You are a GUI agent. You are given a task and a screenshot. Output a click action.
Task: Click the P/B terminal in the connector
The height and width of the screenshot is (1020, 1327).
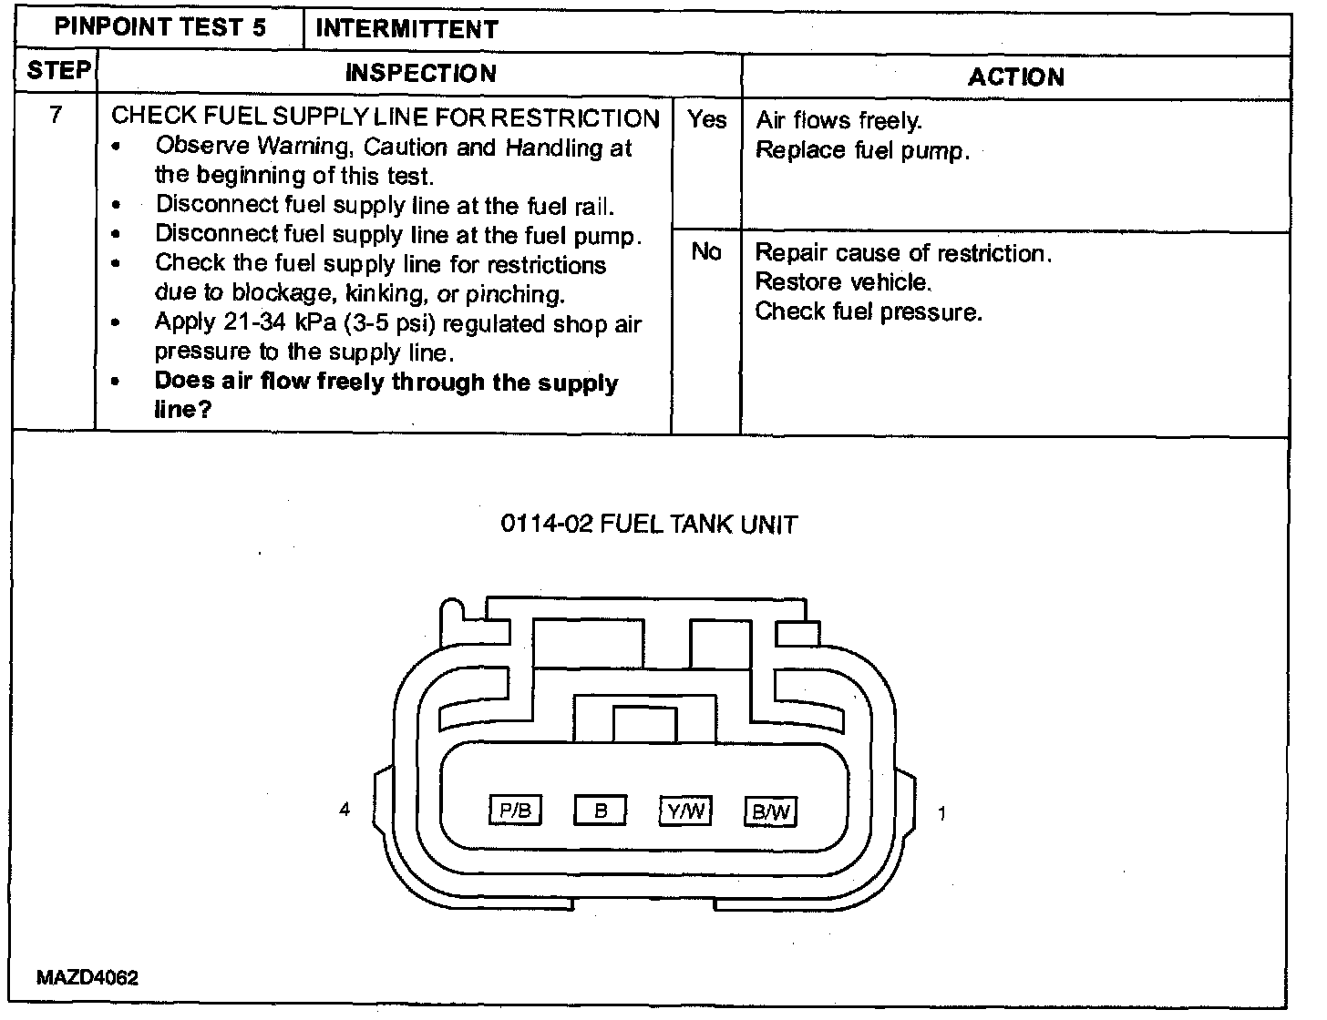click(x=516, y=810)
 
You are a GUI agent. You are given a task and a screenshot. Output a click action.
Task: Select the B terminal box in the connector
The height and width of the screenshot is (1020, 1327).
click(x=600, y=810)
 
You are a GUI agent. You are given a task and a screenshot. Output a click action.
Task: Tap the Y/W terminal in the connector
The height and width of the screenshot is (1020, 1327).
click(x=685, y=810)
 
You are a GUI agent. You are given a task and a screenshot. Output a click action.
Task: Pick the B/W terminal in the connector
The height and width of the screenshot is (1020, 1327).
click(x=770, y=811)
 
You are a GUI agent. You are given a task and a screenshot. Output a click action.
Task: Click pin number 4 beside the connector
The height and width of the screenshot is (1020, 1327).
click(x=345, y=809)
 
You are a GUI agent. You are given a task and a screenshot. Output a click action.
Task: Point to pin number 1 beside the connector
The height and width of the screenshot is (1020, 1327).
click(x=941, y=813)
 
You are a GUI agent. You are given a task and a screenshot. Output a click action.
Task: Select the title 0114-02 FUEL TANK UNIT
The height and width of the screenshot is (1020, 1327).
click(x=649, y=525)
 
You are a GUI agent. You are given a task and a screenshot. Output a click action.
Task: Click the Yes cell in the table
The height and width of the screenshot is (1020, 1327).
click(x=707, y=119)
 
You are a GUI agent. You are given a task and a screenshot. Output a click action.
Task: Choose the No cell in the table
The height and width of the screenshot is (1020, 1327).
click(x=706, y=251)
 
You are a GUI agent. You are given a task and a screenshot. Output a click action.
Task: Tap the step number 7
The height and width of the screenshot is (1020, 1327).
click(x=56, y=115)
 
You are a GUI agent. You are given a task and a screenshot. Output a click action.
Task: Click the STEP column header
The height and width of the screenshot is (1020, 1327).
click(x=58, y=71)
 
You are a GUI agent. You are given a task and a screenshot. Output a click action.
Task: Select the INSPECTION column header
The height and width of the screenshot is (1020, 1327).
click(x=420, y=73)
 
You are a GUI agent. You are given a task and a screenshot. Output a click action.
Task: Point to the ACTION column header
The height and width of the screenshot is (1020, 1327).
click(x=1015, y=76)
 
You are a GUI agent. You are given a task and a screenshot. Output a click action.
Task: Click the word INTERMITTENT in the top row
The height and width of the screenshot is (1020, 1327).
click(x=406, y=29)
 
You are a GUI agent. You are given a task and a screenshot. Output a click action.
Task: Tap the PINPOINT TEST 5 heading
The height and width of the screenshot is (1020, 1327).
click(x=160, y=26)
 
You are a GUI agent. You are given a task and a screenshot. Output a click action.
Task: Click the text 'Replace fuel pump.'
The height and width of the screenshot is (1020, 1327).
click(x=862, y=150)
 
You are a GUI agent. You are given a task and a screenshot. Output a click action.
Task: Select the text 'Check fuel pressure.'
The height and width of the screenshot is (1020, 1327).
click(x=869, y=311)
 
